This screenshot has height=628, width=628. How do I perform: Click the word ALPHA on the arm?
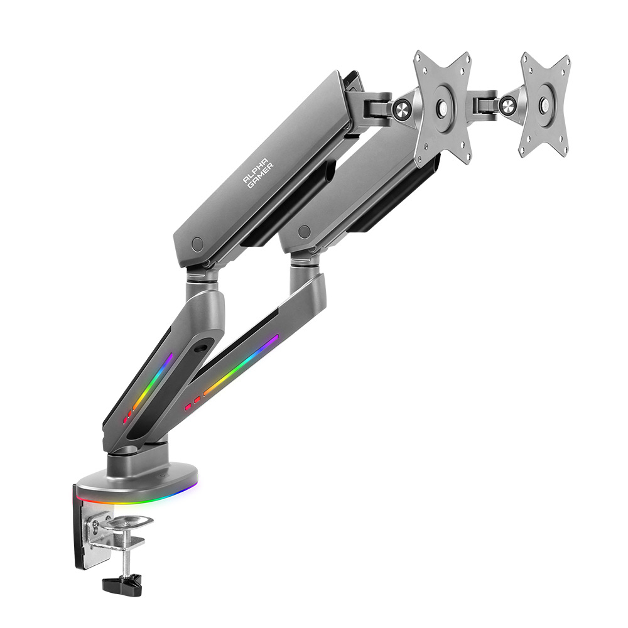coord(255,171)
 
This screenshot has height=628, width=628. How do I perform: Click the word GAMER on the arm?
coord(261,176)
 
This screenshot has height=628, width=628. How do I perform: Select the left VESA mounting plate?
coord(442,107)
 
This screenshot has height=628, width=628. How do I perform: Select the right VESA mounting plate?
coord(544,104)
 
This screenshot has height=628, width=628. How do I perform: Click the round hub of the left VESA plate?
coord(442,107)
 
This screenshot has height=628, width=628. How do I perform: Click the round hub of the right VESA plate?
coord(544,104)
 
